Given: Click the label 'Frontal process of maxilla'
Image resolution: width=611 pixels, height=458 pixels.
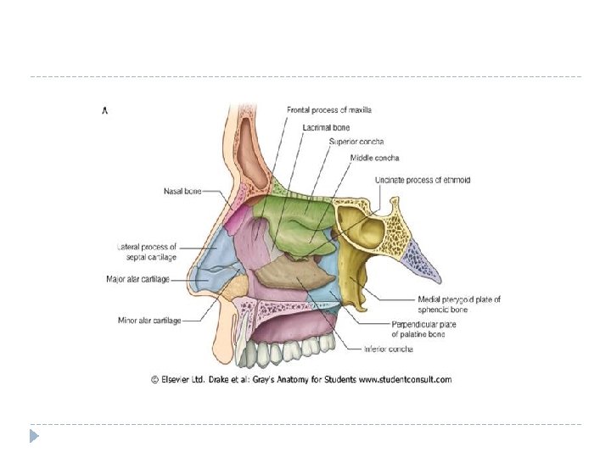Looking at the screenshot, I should coord(328,110).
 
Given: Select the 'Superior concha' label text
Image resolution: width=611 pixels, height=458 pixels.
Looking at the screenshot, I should coord(355,142).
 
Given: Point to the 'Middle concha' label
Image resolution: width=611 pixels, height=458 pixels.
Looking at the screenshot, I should coord(374,158).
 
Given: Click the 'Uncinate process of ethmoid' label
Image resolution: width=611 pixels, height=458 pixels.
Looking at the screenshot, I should coord(422,181).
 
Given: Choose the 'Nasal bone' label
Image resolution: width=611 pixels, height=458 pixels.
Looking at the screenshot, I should coord(182,192).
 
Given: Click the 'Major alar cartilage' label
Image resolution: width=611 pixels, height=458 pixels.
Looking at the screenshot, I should coord(137,278).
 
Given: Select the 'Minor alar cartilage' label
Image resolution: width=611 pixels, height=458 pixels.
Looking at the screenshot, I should coord(148,320).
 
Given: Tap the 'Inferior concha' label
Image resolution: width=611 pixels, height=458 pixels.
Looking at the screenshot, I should coord(386,348).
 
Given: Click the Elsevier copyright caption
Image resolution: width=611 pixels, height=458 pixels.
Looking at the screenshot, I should coord(301,379).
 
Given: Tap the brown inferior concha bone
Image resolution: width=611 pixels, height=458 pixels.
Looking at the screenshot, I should coord(294,276).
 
